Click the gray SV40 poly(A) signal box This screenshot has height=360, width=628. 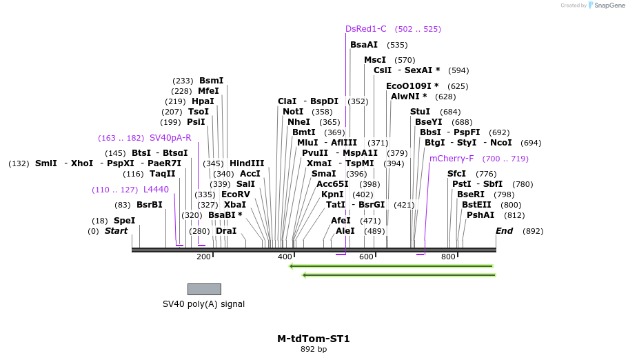click(204, 289)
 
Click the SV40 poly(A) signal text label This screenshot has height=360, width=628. click(203, 304)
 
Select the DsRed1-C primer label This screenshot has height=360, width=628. click(366, 29)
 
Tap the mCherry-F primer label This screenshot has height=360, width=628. click(452, 159)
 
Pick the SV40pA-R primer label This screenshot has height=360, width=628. click(170, 138)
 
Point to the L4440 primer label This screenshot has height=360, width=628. click(156, 190)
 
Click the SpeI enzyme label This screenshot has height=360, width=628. click(124, 221)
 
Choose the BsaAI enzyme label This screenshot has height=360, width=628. click(364, 45)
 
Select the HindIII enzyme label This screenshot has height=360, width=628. click(247, 163)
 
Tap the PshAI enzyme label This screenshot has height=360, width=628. click(480, 215)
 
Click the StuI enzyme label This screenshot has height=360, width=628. click(420, 112)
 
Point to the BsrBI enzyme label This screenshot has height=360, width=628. click(149, 205)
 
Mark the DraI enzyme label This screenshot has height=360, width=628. click(226, 231)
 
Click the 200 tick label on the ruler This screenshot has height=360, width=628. click(203, 257)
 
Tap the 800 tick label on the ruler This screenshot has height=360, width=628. click(449, 257)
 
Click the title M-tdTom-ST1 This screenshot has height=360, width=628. click(314, 339)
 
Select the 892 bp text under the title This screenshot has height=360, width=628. click(314, 350)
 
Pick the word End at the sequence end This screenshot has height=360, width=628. click(504, 231)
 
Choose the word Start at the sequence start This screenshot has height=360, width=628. click(116, 231)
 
